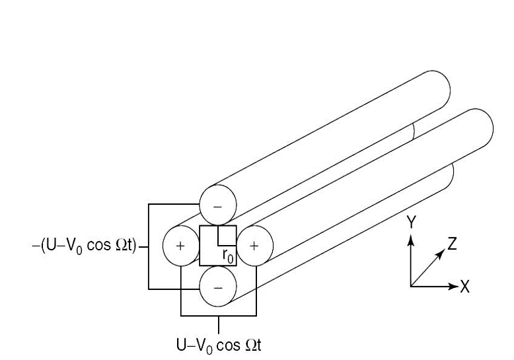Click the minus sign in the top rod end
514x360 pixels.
218,205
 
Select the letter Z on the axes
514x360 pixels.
452,244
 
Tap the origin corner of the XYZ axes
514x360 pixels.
411,286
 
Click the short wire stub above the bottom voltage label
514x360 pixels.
218,324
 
